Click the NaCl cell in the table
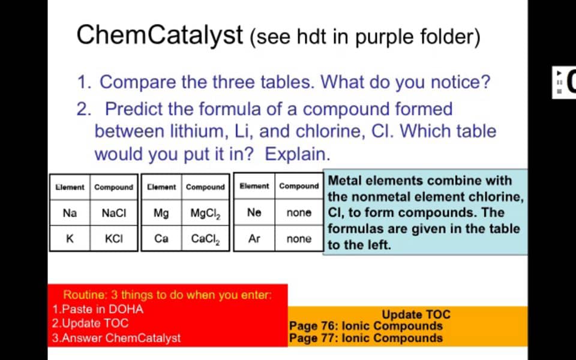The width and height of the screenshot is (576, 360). pyautogui.click(x=114, y=212)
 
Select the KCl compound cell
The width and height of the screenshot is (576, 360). pyautogui.click(x=114, y=238)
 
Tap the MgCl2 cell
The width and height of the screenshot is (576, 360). pyautogui.click(x=205, y=212)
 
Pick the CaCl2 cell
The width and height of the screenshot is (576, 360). pyautogui.click(x=205, y=239)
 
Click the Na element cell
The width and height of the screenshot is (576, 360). pyautogui.click(x=70, y=212)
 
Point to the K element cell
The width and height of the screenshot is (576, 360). pyautogui.click(x=70, y=238)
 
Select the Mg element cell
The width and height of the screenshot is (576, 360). pyautogui.click(x=161, y=212)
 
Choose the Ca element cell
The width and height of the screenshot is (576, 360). pyautogui.click(x=161, y=238)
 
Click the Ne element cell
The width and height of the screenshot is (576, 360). pyautogui.click(x=254, y=212)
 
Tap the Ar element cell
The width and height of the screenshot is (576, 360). pyautogui.click(x=254, y=238)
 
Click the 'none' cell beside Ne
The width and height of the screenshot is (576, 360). pyautogui.click(x=299, y=212)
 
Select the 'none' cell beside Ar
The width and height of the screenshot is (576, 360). pyautogui.click(x=299, y=238)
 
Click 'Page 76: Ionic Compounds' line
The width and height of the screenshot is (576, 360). pyautogui.click(x=365, y=326)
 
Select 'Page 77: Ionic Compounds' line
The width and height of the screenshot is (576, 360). pyautogui.click(x=365, y=338)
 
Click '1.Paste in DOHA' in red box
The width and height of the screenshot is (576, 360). pyautogui.click(x=98, y=310)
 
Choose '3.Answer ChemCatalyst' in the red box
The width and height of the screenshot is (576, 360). pyautogui.click(x=116, y=338)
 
